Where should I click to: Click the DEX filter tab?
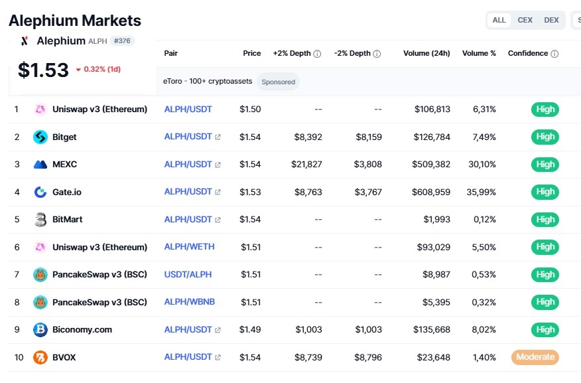click(x=551, y=20)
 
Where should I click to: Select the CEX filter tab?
click(x=525, y=20)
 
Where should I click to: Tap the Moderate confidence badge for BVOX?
click(x=535, y=357)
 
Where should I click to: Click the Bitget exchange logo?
click(x=40, y=137)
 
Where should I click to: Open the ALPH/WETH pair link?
click(x=189, y=246)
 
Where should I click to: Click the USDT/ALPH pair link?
click(x=188, y=274)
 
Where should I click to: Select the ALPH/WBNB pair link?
click(x=189, y=302)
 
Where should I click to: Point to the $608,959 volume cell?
click(x=431, y=192)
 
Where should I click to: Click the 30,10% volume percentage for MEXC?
click(x=482, y=164)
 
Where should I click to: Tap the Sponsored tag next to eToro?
click(x=279, y=82)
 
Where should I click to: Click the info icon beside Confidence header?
click(x=554, y=54)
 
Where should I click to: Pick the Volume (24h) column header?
click(x=426, y=53)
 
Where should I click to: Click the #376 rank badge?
click(x=122, y=40)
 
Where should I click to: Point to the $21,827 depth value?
click(x=306, y=164)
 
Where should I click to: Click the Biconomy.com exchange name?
click(x=82, y=330)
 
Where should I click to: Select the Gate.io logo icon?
click(x=40, y=192)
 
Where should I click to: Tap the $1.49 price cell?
click(x=250, y=330)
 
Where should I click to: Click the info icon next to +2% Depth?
click(x=317, y=54)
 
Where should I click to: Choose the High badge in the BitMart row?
click(x=545, y=220)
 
